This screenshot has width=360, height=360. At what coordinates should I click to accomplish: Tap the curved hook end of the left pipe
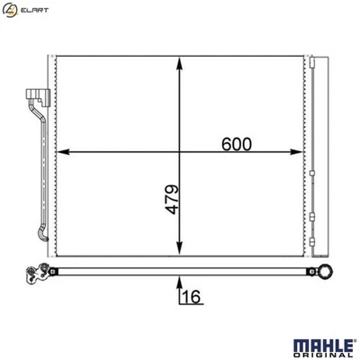click(x=40, y=236)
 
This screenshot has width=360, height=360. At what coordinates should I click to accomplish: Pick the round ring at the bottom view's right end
click(x=325, y=270)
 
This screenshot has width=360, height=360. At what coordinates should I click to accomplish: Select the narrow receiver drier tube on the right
click(x=315, y=153)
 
